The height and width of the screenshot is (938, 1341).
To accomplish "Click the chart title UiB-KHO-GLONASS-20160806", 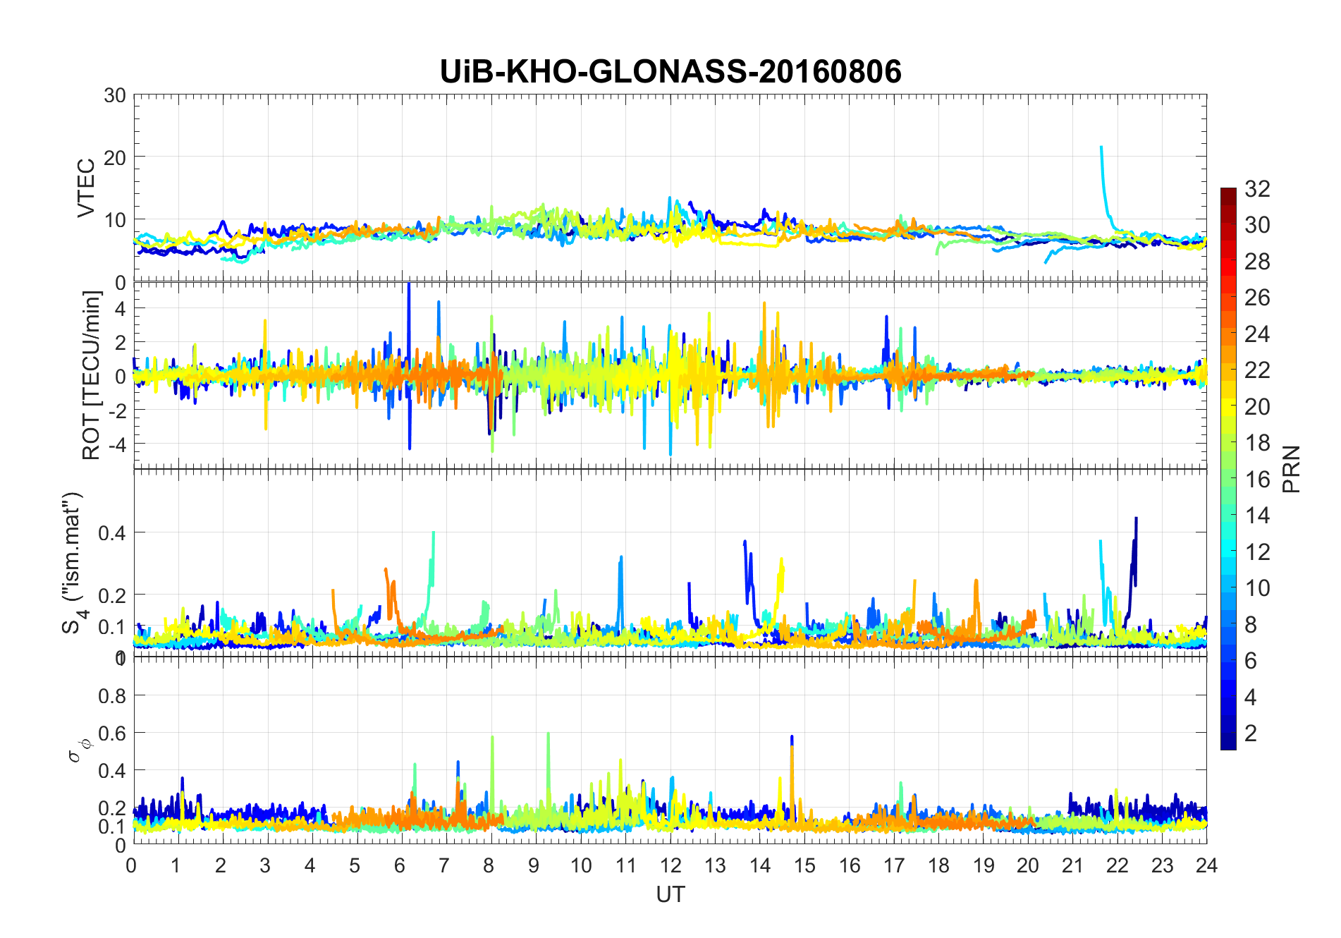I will pos(670,72).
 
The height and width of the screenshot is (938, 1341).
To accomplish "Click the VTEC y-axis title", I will pos(86,188).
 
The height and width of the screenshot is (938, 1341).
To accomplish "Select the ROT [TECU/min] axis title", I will pos(92,375).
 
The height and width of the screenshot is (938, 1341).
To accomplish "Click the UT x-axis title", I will pos(670,894).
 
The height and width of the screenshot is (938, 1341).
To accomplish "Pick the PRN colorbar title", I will pos(1291,469).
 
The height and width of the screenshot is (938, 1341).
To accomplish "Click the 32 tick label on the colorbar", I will pos(1257,188).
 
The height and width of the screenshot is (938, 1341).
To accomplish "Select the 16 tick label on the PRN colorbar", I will pos(1257,480).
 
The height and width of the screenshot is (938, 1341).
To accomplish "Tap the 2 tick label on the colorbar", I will pos(1251,733).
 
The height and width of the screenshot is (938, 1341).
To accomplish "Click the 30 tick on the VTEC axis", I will pos(115,95).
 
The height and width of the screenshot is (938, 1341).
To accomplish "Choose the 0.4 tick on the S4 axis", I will pos(112,532).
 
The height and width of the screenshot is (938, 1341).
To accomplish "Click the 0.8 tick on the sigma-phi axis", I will pos(112,695).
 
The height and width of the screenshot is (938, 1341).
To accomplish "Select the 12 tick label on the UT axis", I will pos(670,865).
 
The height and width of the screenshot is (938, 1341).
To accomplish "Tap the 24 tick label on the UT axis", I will pos(1206,865).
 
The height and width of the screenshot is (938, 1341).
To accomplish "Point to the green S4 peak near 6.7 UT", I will pos(433,535).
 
